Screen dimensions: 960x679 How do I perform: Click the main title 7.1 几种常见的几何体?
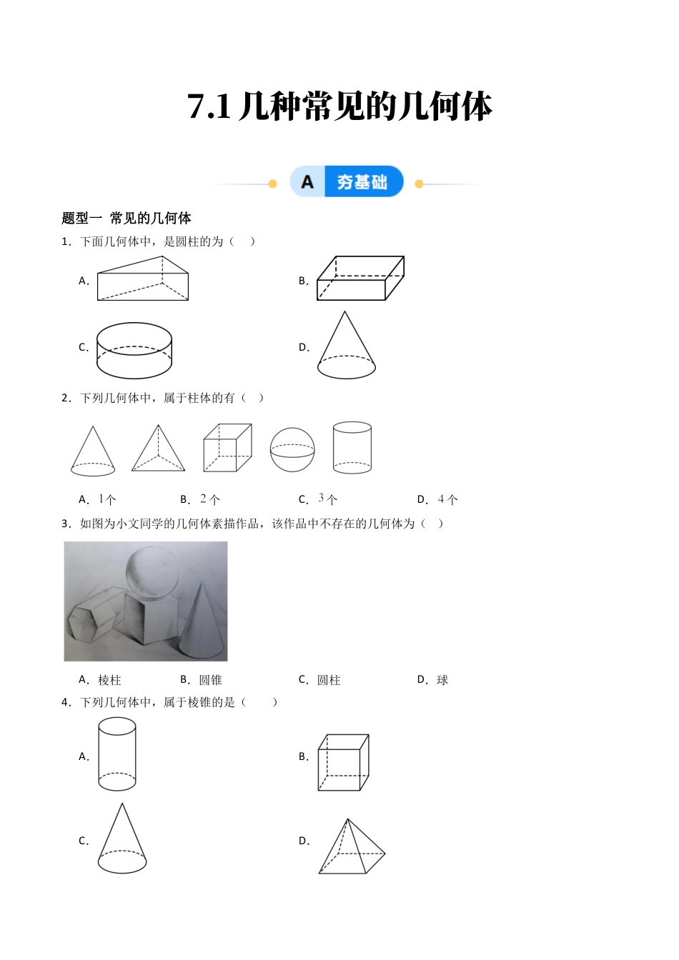click(x=339, y=107)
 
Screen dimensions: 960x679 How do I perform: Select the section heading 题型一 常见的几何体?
click(x=127, y=218)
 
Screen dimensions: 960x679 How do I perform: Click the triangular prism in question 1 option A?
click(x=143, y=279)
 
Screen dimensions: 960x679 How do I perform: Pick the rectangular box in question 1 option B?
click(x=360, y=279)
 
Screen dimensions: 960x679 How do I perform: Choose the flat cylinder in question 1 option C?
click(x=134, y=350)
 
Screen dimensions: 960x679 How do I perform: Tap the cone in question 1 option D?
click(x=347, y=346)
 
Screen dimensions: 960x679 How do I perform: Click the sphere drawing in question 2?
click(x=292, y=450)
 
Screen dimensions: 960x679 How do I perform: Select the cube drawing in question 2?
click(x=227, y=448)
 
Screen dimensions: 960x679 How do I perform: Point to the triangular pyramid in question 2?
click(x=158, y=450)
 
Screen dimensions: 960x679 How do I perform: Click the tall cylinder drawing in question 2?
click(x=352, y=448)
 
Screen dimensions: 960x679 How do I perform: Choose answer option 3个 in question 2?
click(x=327, y=499)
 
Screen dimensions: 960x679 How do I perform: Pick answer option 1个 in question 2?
click(x=107, y=499)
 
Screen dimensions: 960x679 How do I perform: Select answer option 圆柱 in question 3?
click(x=329, y=680)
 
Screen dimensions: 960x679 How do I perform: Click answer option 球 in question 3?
click(x=442, y=680)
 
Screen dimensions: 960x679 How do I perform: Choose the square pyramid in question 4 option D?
click(x=351, y=848)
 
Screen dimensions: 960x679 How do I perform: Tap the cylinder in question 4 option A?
click(x=117, y=754)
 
